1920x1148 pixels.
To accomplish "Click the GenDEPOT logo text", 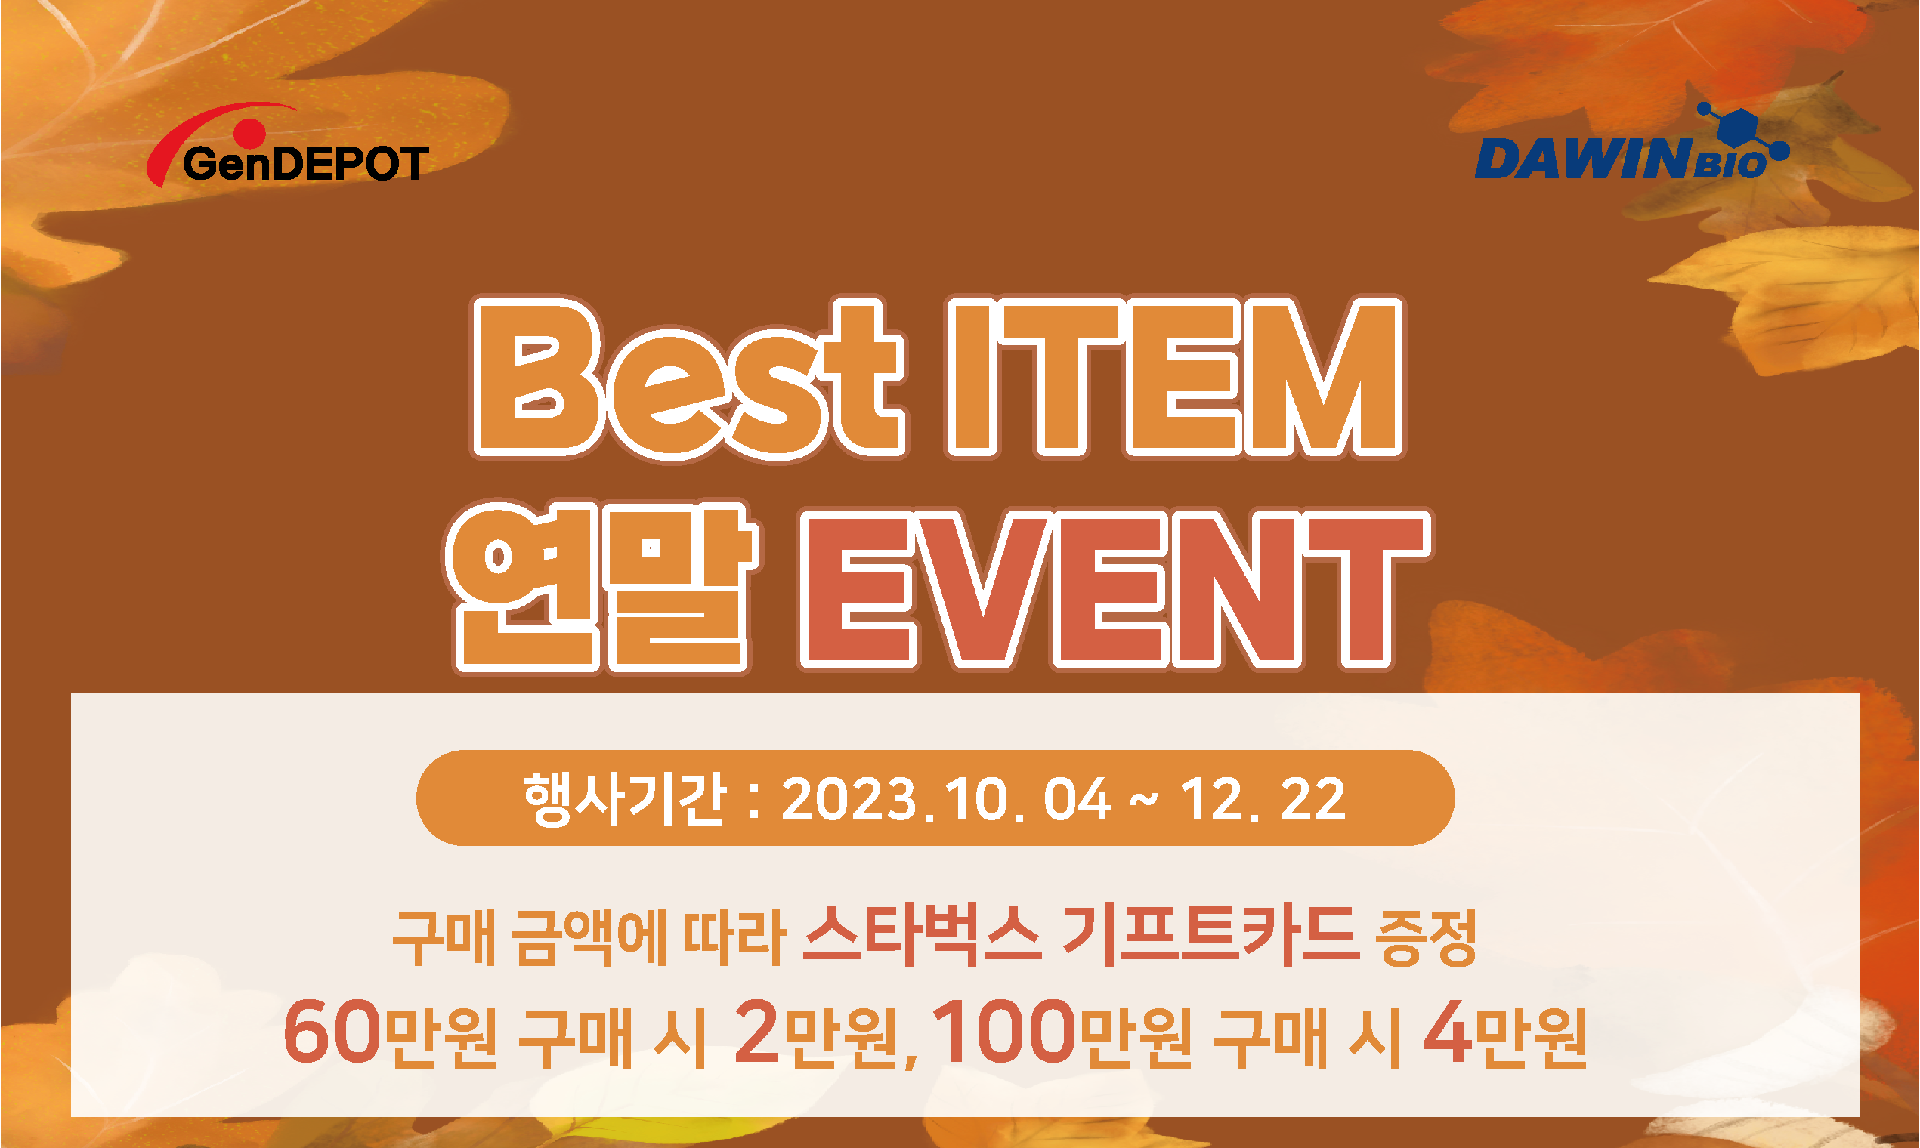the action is pos(306,163).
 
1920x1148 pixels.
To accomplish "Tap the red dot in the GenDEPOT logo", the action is pos(250,133).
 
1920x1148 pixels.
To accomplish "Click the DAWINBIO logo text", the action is pos(1622,159).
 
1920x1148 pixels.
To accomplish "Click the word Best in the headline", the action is pos(689,377).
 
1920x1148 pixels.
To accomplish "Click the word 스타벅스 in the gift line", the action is pos(922,937).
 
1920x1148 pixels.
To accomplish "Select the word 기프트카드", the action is pos(1211,937).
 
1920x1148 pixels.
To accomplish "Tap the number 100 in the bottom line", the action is pos(1004,1031).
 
